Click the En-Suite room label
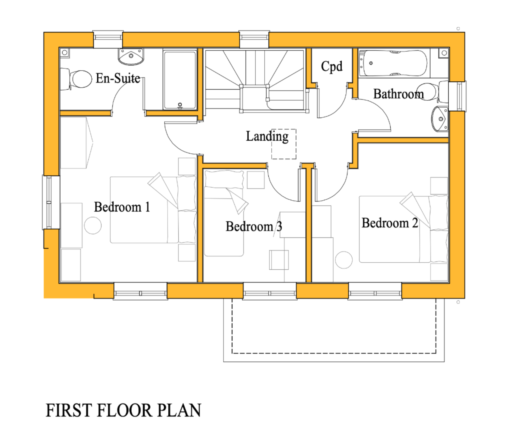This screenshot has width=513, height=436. point(118,78)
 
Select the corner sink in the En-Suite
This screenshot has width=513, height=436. point(131,56)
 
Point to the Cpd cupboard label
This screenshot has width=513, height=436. point(332,67)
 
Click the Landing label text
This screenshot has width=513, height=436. point(267,136)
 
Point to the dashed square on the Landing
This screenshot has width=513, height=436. point(284,151)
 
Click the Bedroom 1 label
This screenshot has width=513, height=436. point(122,207)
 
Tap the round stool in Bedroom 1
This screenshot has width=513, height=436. point(93,225)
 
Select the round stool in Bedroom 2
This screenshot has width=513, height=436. point(344,260)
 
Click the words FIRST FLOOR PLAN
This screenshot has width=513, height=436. point(123,411)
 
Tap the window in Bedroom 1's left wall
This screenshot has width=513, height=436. point(49,202)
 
